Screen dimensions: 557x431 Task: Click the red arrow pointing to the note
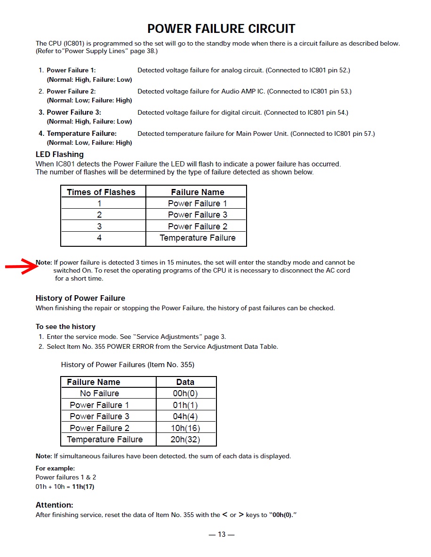(x=22, y=267)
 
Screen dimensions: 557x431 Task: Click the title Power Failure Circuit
(x=221, y=29)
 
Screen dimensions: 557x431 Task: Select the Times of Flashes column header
(x=101, y=192)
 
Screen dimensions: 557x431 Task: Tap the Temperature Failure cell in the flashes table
(x=198, y=238)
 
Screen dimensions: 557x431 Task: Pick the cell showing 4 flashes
(x=99, y=238)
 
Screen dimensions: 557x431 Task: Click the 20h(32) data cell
(x=185, y=439)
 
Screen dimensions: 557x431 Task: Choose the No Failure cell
(x=99, y=393)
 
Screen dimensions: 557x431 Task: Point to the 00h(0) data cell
(x=185, y=393)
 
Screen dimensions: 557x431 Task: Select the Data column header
(x=185, y=382)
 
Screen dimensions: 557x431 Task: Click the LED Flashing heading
(x=60, y=154)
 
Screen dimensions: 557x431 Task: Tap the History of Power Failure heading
(x=80, y=298)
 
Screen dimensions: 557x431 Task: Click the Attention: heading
(x=55, y=505)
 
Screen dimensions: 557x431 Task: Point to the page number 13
(x=222, y=534)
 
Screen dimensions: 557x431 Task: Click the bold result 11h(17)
(x=83, y=487)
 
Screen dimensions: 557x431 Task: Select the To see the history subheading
(x=65, y=327)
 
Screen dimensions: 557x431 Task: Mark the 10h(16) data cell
(x=185, y=428)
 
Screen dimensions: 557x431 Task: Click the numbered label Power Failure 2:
(x=71, y=91)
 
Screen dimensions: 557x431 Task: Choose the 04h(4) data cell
(x=185, y=416)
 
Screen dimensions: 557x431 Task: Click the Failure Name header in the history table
(x=94, y=382)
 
